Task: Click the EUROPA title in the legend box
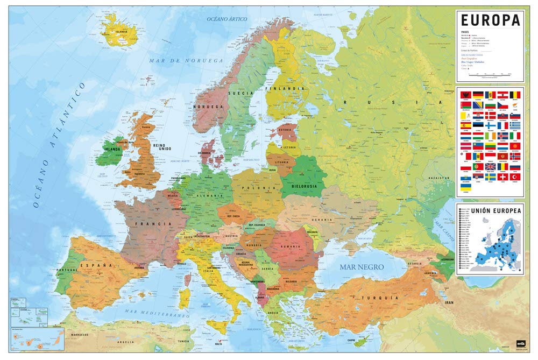[490, 20]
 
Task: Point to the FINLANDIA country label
[289, 88]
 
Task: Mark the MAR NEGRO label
[361, 267]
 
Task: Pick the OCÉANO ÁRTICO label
[227, 19]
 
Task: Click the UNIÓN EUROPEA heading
[490, 210]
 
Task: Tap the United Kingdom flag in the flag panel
[491, 166]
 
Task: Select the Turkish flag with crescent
[515, 177]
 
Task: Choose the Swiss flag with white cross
[503, 177]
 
